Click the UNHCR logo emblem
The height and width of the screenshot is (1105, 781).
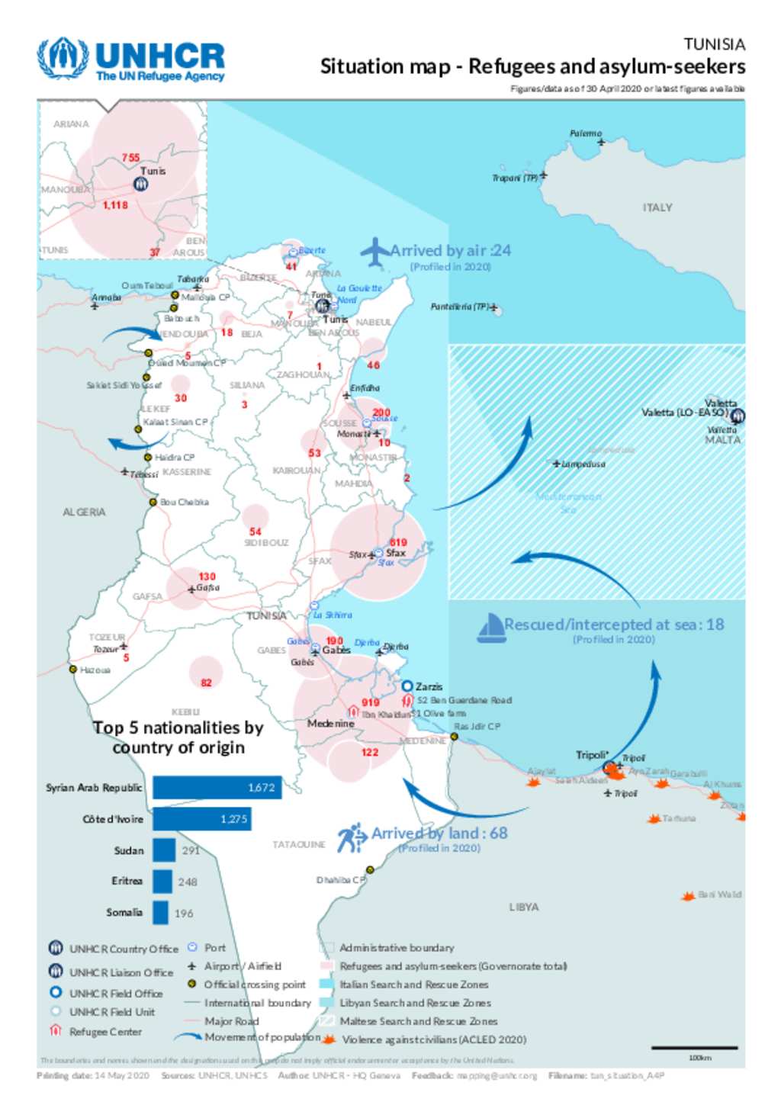coord(63,58)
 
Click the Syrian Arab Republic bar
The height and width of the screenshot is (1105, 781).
coord(217,788)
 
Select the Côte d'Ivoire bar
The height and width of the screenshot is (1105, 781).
coord(201,819)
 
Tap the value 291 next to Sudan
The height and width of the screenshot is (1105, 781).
coord(191,850)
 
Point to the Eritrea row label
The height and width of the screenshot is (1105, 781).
coord(127,881)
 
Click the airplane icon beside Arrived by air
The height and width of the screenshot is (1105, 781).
coord(374,252)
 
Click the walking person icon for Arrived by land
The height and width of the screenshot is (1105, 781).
coord(352,837)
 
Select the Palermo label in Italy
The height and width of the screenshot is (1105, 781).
coord(585,133)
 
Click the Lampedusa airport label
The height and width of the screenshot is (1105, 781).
coord(583,464)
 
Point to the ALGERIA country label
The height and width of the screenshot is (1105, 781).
coord(84,512)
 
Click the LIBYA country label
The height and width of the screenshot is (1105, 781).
coord(524,907)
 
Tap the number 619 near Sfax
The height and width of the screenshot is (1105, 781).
coord(398,542)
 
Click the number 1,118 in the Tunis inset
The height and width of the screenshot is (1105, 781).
coord(115,205)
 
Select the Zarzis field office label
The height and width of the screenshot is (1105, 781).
coord(429,686)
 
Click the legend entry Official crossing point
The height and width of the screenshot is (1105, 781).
coord(254,985)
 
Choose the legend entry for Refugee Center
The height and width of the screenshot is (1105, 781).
coord(105,1032)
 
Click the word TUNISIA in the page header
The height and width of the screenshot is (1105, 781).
coord(714,44)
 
